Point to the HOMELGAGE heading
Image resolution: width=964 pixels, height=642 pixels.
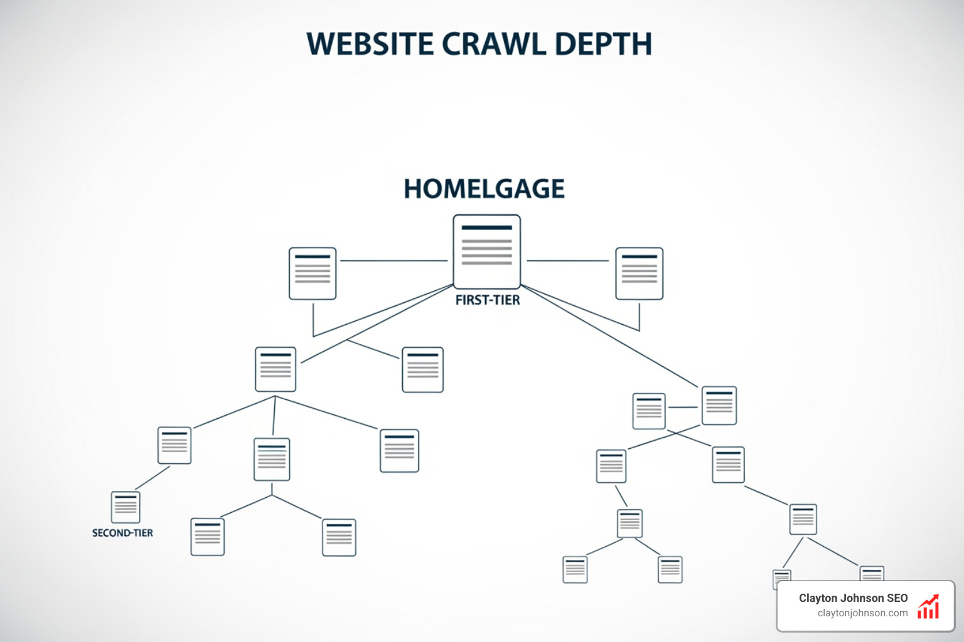[484, 189]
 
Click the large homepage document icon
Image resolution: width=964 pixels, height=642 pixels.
[486, 251]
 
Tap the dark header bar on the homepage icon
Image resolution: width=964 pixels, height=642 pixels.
[486, 228]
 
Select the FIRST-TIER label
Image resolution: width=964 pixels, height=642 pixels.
[488, 300]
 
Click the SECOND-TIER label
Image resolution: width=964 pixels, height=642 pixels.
[122, 533]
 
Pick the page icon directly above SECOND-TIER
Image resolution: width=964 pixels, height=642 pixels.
[126, 507]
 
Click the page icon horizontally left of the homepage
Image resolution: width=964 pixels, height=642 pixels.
[313, 273]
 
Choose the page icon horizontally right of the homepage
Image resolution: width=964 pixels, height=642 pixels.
[639, 273]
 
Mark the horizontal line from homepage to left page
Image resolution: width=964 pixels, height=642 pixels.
[394, 260]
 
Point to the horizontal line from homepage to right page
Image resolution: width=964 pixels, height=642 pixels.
[567, 260]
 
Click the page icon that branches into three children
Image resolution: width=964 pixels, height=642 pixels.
[276, 369]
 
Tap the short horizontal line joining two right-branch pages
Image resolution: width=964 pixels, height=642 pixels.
[683, 407]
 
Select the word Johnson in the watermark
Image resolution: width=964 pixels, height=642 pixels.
[860, 598]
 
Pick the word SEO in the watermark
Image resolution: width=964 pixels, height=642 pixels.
[897, 598]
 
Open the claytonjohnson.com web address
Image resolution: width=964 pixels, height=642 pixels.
[862, 613]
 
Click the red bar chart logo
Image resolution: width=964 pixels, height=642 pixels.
[928, 607]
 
